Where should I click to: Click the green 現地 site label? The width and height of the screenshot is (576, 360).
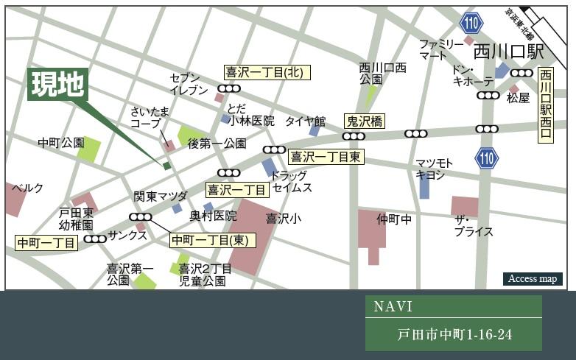tap(57, 85)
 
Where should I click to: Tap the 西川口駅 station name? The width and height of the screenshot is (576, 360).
tap(508, 52)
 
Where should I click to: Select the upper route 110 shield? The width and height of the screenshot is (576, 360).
tap(470, 24)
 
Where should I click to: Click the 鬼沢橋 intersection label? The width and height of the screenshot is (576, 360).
tap(365, 121)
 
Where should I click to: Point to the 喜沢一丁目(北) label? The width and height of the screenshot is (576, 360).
tap(267, 72)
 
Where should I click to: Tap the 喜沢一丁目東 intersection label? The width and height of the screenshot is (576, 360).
tap(326, 156)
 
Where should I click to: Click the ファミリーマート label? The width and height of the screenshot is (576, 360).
tap(441, 49)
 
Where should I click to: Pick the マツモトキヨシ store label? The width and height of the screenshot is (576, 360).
tap(433, 169)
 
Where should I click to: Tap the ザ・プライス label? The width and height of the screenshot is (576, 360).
tap(473, 226)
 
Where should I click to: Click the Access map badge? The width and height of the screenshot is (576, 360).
tap(532, 279)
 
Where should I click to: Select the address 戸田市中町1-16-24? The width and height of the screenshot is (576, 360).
tap(453, 335)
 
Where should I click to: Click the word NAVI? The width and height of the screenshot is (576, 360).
tap(393, 307)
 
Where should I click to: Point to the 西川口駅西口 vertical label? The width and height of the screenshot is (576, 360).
tap(545, 105)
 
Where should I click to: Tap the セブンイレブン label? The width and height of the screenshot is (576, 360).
tap(189, 84)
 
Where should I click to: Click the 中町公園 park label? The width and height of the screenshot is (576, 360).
tap(61, 142)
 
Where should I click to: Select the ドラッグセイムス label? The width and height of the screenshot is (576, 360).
tap(290, 182)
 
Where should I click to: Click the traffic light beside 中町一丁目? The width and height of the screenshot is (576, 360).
tap(95, 239)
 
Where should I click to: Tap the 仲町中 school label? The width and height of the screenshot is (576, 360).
tap(394, 219)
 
